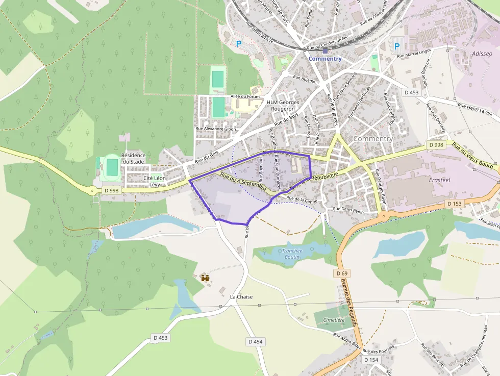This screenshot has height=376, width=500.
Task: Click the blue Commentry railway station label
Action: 325,59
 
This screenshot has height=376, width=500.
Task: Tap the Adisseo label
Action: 482,53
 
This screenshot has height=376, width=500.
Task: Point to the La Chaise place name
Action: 241,296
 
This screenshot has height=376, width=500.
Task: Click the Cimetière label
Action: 334,320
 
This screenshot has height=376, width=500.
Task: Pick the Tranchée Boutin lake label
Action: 292,254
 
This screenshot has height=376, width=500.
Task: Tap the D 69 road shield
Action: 343,273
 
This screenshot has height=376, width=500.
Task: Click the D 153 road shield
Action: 454,204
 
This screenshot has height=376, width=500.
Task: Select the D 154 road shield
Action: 371,360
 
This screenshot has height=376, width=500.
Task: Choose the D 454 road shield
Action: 256,341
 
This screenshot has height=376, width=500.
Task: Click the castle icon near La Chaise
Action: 206,278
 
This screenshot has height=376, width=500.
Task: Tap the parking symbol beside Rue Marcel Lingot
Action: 397,46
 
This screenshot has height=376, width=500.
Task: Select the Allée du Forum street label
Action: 245,96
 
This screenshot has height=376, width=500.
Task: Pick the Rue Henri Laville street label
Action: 475,110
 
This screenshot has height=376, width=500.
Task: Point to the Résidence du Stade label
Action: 133,158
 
